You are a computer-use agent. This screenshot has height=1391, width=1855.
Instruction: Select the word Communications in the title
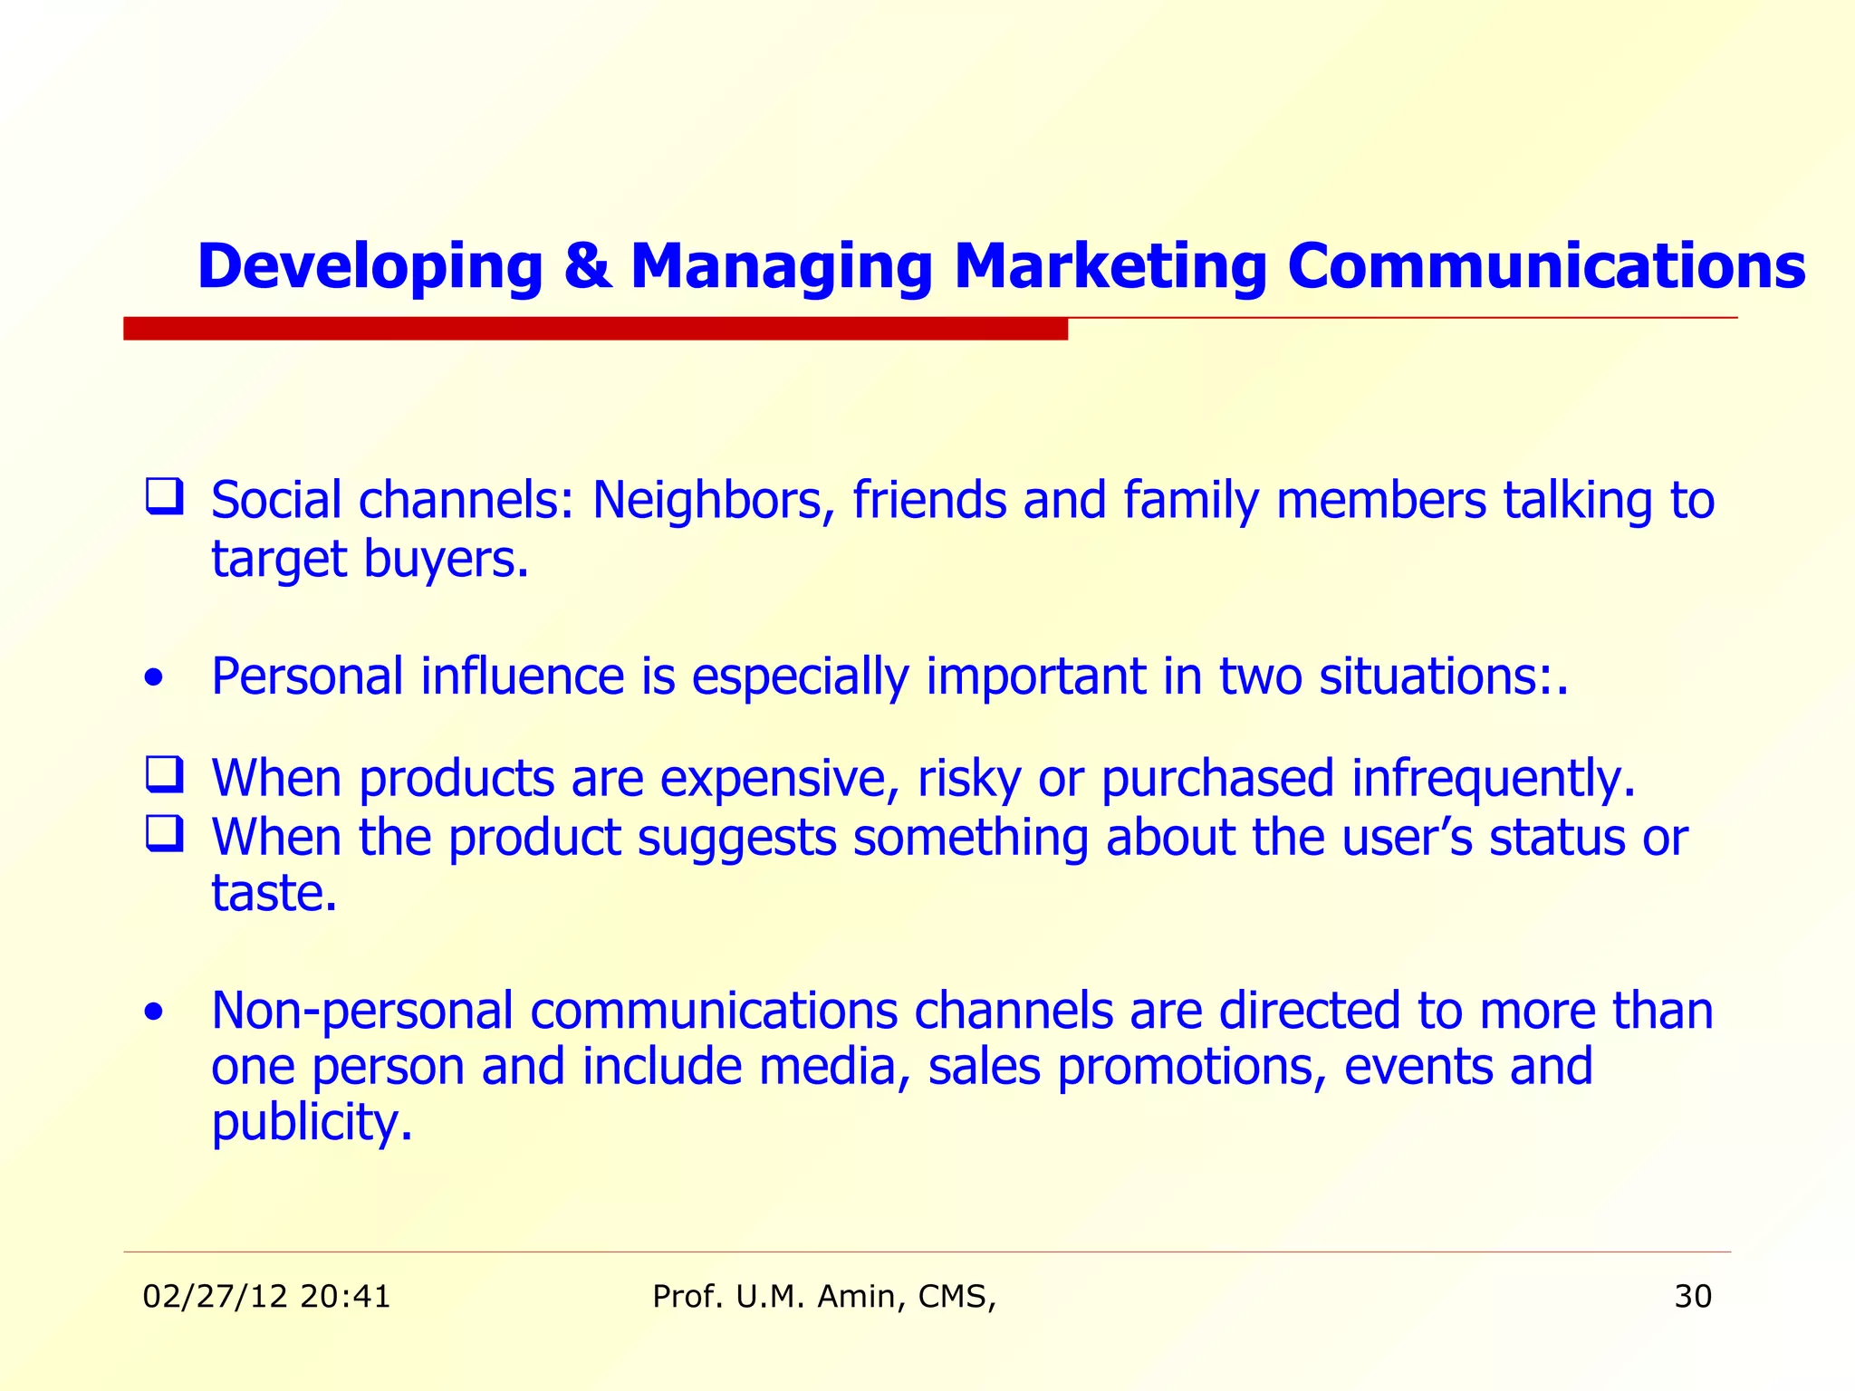point(1546,266)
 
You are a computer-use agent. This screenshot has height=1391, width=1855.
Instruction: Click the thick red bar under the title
point(595,329)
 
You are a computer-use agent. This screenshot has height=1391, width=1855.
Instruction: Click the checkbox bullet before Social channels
point(165,497)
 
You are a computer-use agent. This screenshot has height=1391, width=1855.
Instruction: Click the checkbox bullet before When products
point(165,776)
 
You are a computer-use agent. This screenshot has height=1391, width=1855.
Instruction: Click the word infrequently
point(1493,779)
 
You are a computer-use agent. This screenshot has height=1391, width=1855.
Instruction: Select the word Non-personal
point(362,1011)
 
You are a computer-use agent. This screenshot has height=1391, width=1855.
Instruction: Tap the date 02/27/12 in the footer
point(215,1297)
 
